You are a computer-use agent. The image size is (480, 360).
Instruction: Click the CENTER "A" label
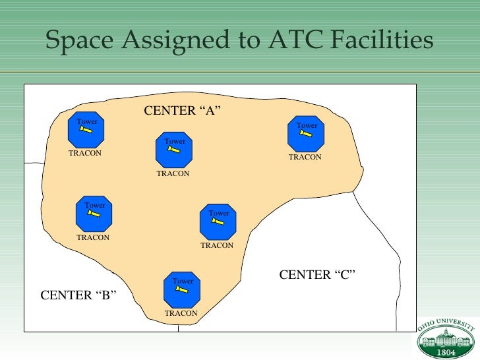click(181, 110)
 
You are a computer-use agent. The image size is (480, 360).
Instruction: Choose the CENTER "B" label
click(78, 295)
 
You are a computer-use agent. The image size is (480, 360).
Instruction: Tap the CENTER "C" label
click(318, 274)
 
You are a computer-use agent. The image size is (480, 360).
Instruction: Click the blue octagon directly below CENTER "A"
click(174, 150)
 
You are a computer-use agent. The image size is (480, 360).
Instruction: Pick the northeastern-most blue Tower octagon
click(306, 134)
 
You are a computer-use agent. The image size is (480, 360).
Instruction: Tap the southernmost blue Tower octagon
click(183, 289)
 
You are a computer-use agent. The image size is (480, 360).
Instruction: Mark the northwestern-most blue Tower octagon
click(86, 131)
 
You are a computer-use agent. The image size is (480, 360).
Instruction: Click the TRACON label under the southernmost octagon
click(181, 313)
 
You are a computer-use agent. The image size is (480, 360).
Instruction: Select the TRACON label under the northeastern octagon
click(305, 158)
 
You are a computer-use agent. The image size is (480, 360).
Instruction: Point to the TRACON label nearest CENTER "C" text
click(217, 245)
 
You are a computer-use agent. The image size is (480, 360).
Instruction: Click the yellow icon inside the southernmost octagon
click(183, 290)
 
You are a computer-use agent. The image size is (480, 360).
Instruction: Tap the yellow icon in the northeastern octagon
click(306, 133)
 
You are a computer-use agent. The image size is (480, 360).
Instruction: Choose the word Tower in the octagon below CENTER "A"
click(175, 141)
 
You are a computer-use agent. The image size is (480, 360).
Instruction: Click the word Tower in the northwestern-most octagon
click(87, 121)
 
